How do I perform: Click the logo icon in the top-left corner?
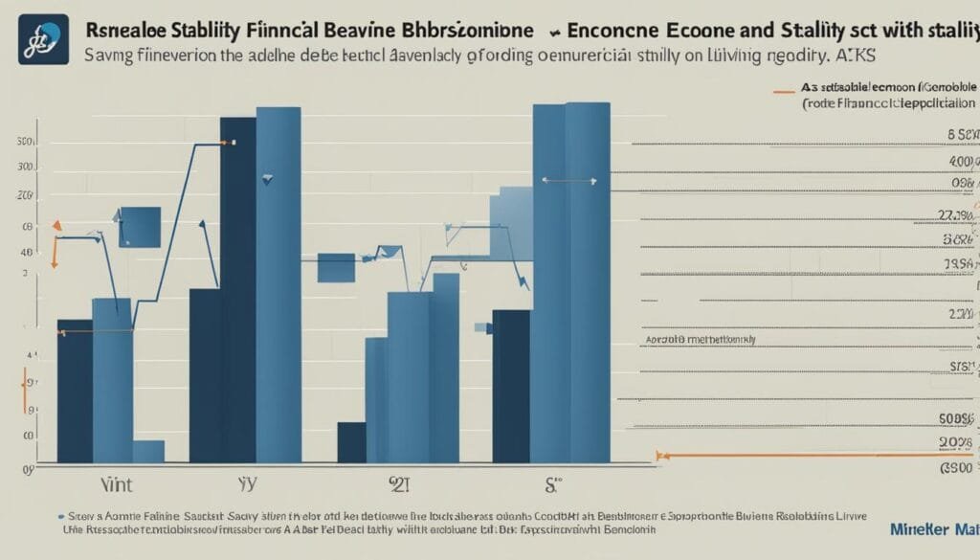[44, 39]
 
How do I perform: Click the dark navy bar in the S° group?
[510, 387]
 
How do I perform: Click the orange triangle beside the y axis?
[56, 226]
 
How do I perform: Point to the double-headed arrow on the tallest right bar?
[569, 180]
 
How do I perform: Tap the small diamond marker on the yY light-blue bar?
[268, 178]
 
